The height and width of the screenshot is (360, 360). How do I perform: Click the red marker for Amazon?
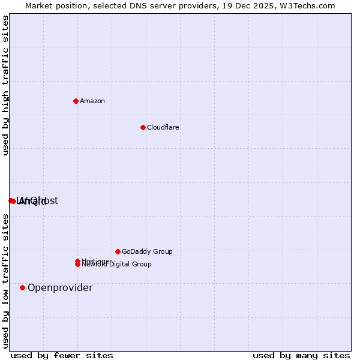coord(76,101)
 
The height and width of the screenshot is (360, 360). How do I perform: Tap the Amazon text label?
coord(92,101)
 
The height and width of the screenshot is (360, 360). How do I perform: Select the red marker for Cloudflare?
coord(143,127)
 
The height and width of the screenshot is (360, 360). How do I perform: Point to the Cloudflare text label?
coord(163,127)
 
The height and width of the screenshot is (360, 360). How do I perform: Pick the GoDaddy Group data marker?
coord(118,251)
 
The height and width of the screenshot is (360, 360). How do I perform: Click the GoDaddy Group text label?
coord(147,251)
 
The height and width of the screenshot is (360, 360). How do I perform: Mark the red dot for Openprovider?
coord(23,287)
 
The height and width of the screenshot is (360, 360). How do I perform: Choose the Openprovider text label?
coord(60,288)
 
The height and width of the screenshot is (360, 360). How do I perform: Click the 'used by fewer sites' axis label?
coord(62,355)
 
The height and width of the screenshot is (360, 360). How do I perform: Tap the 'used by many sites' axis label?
coord(301,355)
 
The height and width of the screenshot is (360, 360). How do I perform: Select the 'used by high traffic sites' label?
coord(6,86)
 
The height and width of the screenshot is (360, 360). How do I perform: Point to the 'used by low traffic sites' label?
coord(6,281)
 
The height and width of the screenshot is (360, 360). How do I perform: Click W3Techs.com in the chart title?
coord(307,6)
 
